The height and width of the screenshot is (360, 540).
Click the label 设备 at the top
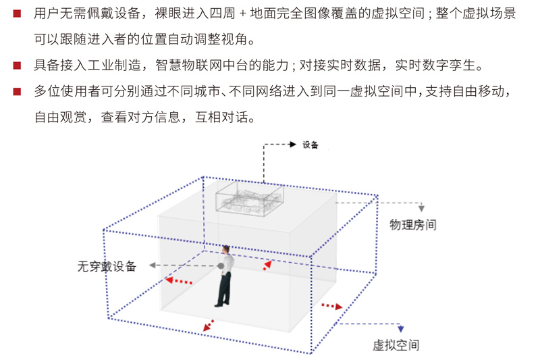pyautogui.click(x=310, y=145)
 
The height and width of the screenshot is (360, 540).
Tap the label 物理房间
pyautogui.click(x=413, y=225)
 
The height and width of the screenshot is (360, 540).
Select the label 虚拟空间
pyautogui.click(x=396, y=345)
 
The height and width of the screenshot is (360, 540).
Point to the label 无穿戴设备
pyautogui.click(x=107, y=266)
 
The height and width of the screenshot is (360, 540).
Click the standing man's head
pyautogui.click(x=226, y=249)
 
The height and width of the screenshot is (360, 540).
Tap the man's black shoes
pyautogui.click(x=222, y=304)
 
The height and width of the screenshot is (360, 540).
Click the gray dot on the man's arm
pyautogui.click(x=221, y=266)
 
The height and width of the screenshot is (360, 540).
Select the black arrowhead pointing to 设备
pyautogui.click(x=293, y=145)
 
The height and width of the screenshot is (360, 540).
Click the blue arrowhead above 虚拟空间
pyautogui.click(x=400, y=329)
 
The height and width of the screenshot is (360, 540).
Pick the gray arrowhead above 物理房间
pyautogui.click(x=421, y=208)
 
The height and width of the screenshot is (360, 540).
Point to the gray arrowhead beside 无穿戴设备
pyautogui.click(x=153, y=265)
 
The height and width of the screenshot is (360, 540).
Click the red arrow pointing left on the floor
pyautogui.click(x=178, y=281)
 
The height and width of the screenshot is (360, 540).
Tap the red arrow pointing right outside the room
pyautogui.click(x=332, y=306)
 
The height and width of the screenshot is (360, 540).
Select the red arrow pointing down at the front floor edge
pyautogui.click(x=208, y=326)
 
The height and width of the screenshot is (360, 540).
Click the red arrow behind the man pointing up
pyautogui.click(x=267, y=265)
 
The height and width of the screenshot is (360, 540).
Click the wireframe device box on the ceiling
pyautogui.click(x=250, y=198)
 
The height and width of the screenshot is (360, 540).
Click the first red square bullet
pyautogui.click(x=17, y=14)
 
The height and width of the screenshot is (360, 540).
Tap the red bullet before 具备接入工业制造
pyautogui.click(x=17, y=66)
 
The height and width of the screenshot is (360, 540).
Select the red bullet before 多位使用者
pyautogui.click(x=17, y=91)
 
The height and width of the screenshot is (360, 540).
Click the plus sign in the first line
pyautogui.click(x=243, y=14)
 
